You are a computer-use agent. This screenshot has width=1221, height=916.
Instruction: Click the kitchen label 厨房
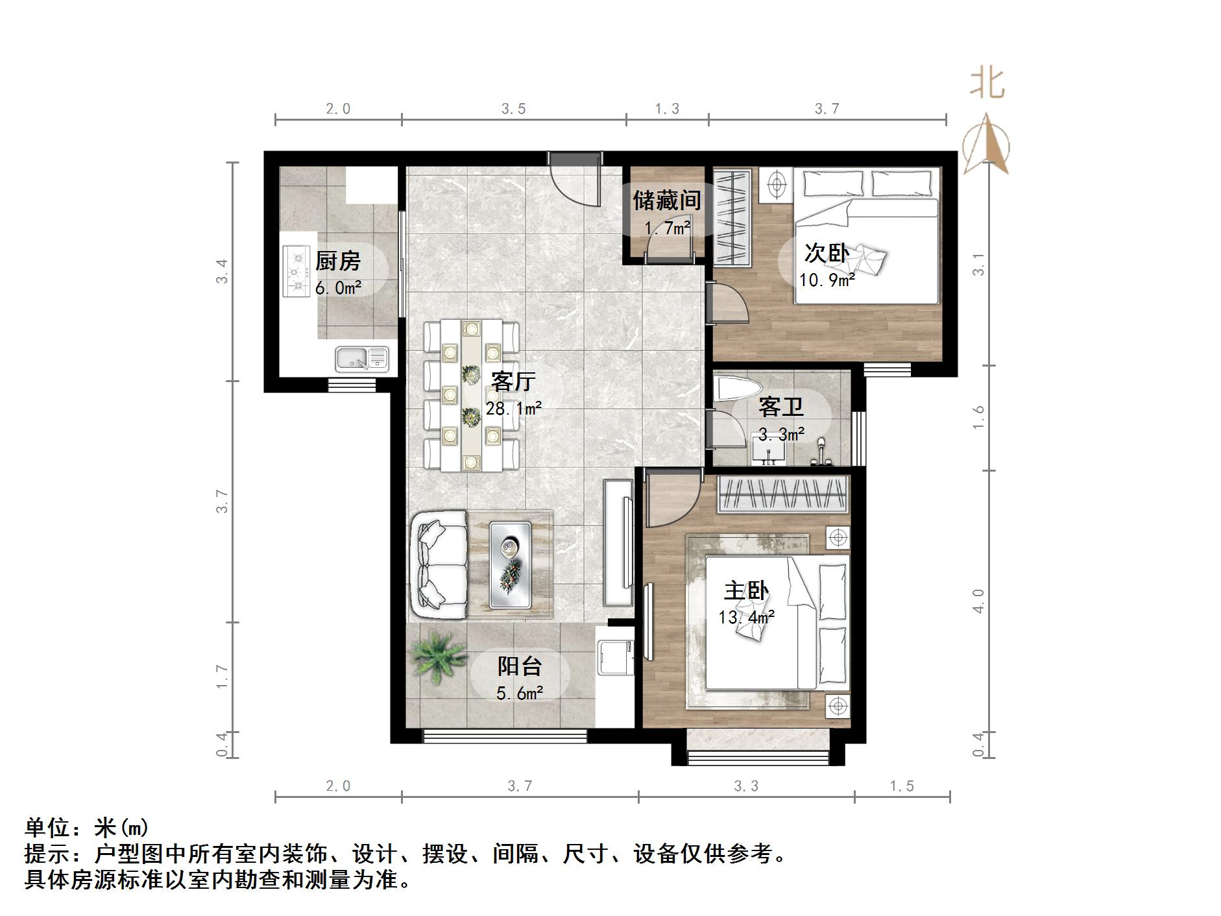[337, 261]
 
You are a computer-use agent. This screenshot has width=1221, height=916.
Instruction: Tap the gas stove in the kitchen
[297, 271]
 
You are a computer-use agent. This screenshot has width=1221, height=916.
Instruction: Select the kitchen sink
[361, 358]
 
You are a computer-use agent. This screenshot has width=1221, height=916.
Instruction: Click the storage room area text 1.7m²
[667, 228]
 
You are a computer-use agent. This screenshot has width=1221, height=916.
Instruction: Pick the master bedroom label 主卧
[746, 591]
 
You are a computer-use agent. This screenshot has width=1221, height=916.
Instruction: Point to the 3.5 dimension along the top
[513, 109]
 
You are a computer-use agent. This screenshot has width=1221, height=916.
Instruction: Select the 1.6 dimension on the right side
[978, 416]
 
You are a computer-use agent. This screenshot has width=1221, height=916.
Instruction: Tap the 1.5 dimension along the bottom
[901, 786]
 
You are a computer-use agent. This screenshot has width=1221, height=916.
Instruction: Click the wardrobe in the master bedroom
[783, 494]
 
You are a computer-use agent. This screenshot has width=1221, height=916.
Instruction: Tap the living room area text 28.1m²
[513, 409]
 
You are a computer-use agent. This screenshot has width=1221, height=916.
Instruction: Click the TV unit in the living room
[618, 542]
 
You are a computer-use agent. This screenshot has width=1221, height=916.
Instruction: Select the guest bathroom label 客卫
[781, 407]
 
